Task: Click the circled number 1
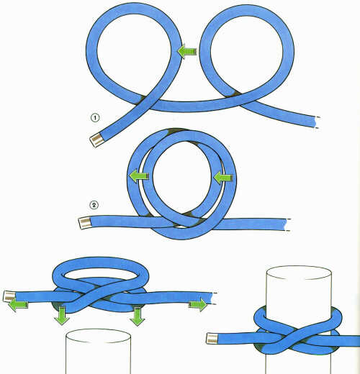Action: coord(95,118)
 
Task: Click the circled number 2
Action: coord(94,205)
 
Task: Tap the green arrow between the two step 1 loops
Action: coord(187,51)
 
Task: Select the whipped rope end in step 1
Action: coord(97,140)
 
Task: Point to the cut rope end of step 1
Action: coord(316,122)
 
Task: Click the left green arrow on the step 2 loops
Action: coord(139,176)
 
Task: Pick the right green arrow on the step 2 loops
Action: coord(223,178)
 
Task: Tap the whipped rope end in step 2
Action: coord(85,223)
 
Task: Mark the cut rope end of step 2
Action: coord(287,225)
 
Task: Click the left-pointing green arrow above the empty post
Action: coord(18,305)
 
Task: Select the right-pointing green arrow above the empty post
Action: coord(198,304)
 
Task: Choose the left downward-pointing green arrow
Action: coord(62,315)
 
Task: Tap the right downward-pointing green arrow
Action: coord(138,316)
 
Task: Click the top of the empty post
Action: coord(98,336)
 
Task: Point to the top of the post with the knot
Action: coord(299,273)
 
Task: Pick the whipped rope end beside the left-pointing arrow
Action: coord(9,296)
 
